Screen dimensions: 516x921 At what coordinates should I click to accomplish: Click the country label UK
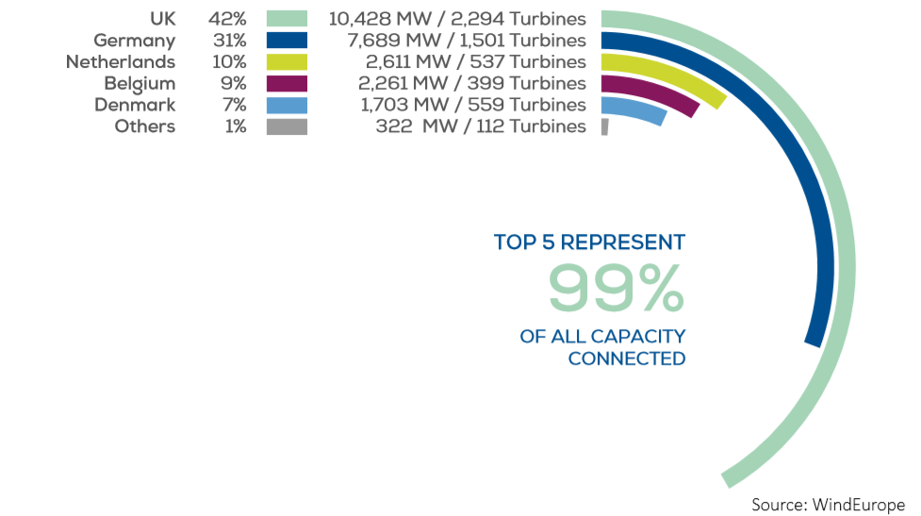point(162,19)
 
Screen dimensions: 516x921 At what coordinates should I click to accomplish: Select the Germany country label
point(134,41)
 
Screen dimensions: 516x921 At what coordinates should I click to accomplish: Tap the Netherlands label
point(120,62)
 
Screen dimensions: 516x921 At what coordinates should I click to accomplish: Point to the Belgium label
point(140,84)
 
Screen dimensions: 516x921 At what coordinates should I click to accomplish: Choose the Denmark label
point(135,106)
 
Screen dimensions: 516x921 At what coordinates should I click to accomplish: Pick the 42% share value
point(227,19)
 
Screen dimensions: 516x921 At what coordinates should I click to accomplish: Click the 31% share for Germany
point(227,41)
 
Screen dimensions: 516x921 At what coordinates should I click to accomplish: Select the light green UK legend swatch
point(287,19)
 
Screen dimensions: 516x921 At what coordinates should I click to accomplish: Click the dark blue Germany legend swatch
point(287,41)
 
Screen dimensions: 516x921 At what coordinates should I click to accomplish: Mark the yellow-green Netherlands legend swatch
point(287,62)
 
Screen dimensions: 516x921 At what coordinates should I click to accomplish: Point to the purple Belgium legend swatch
point(287,84)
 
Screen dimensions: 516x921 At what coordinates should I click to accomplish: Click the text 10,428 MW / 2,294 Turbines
point(457,19)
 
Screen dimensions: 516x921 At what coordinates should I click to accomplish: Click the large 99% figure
point(616,288)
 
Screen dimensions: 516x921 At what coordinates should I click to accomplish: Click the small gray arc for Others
point(604,127)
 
